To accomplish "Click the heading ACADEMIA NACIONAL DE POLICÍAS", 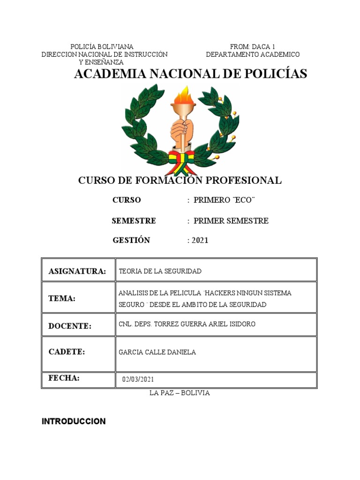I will (190, 74).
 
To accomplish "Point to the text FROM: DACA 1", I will (252, 46).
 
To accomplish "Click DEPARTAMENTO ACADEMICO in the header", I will (253, 54).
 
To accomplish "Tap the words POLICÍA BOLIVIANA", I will (102, 46).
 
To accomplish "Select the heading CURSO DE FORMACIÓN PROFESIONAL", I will (180, 180).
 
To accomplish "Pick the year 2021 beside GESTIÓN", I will (199, 240).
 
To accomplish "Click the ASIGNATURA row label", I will (77, 271).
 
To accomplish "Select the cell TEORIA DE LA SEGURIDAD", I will (160, 271).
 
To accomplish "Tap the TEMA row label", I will (62, 299).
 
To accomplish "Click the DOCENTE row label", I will (70, 326).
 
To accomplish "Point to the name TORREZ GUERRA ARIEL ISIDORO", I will (205, 324).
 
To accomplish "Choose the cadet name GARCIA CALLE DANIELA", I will (157, 352).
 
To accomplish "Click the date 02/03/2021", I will (138, 379).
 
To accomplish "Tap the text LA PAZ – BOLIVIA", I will (180, 393).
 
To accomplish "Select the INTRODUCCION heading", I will (74, 421).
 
